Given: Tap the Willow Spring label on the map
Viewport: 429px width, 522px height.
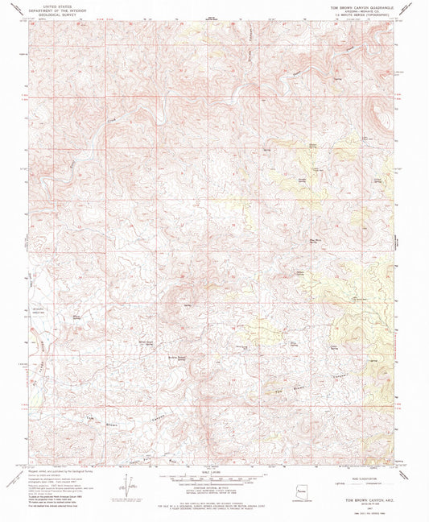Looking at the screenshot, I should [x=78, y=319].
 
